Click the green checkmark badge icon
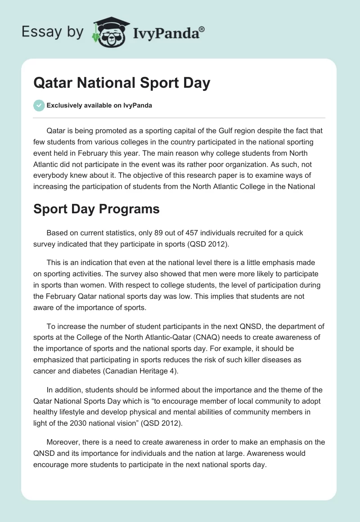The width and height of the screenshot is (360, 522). tap(39, 106)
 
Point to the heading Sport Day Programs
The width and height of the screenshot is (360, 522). tap(96, 210)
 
